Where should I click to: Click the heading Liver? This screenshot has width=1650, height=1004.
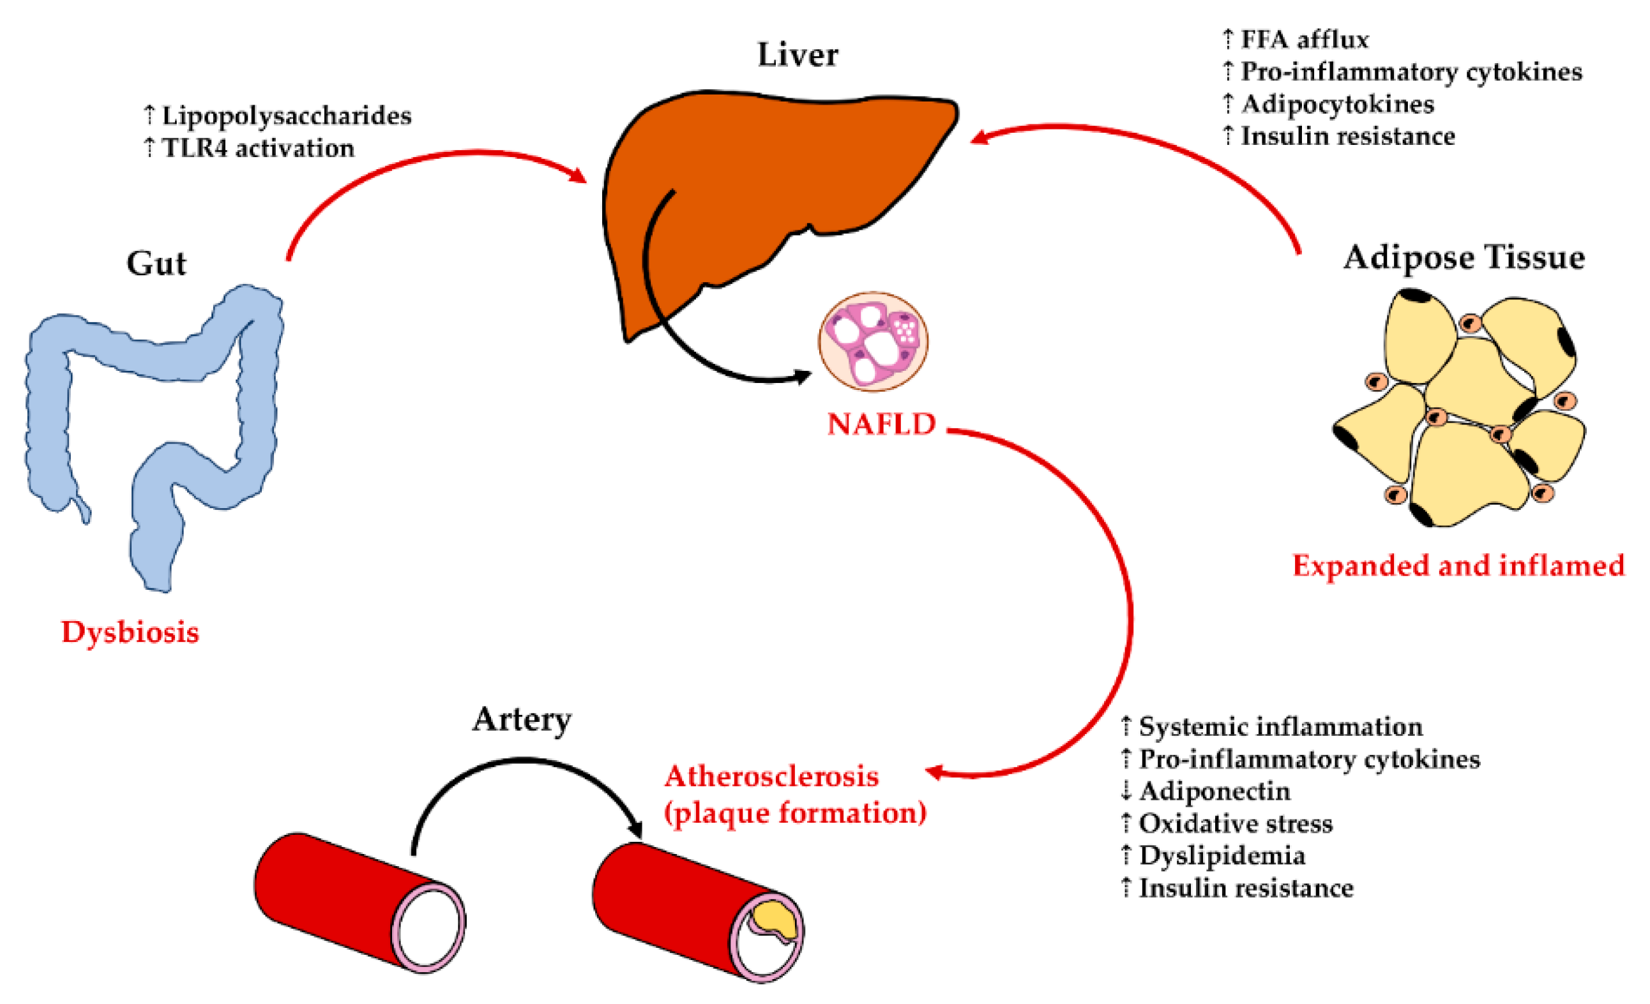click(x=797, y=55)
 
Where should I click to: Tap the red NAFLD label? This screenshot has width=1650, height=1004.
click(x=881, y=424)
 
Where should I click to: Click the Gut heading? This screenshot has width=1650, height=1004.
click(x=156, y=263)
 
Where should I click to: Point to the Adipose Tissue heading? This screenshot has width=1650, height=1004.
click(x=1464, y=258)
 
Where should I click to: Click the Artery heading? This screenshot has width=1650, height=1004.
click(x=522, y=720)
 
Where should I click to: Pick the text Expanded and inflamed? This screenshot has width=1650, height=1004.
click(x=1458, y=566)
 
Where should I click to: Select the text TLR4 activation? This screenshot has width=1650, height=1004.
click(x=258, y=149)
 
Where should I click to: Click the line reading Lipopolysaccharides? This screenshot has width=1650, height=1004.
click(x=286, y=116)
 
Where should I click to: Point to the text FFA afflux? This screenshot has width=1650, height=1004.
click(x=1304, y=40)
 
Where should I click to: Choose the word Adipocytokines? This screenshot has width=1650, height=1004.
click(x=1337, y=105)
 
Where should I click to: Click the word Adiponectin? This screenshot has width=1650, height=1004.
click(x=1214, y=791)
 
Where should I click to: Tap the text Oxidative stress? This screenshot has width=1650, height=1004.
click(x=1236, y=823)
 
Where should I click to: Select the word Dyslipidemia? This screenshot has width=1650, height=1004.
click(x=1222, y=856)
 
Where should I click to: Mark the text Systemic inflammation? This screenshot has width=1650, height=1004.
click(x=1280, y=727)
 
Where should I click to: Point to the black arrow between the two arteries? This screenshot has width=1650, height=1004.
click(x=522, y=763)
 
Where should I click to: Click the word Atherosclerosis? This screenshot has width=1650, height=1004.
click(x=771, y=776)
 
